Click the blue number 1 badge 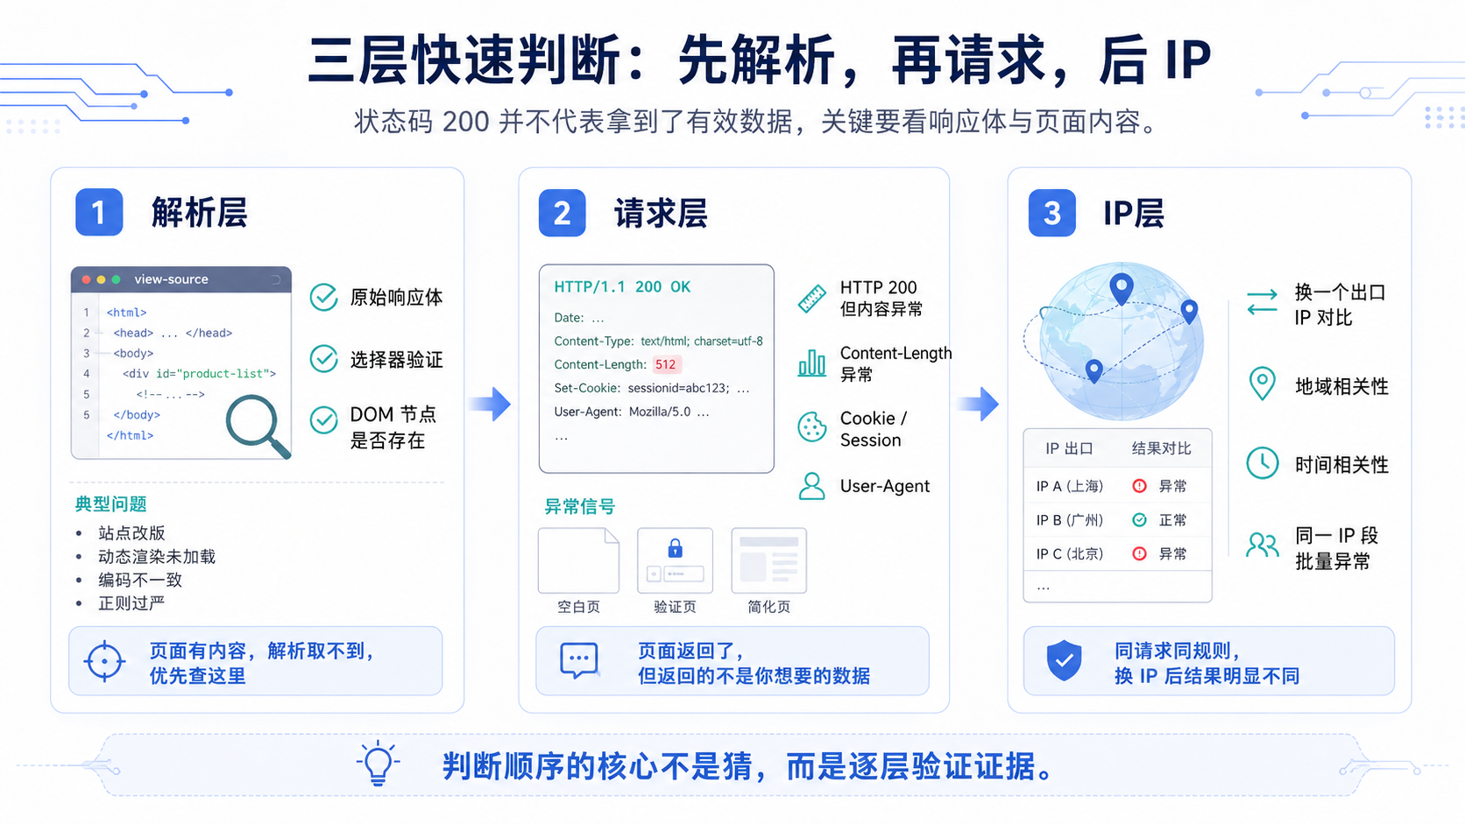pyautogui.click(x=99, y=213)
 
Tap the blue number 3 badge pyautogui.click(x=1051, y=213)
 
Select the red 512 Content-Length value pyautogui.click(x=666, y=364)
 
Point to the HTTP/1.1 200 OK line pyautogui.click(x=622, y=287)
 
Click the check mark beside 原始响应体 pyautogui.click(x=323, y=298)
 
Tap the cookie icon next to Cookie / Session pyautogui.click(x=811, y=427)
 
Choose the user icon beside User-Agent pyautogui.click(x=811, y=486)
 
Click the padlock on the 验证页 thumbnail pyautogui.click(x=675, y=547)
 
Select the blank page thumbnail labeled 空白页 pyautogui.click(x=579, y=560)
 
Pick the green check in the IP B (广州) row pyautogui.click(x=1139, y=519)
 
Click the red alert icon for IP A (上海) pyautogui.click(x=1139, y=485)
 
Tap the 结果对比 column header pyautogui.click(x=1162, y=448)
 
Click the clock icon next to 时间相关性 pyautogui.click(x=1263, y=463)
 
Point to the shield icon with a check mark pyautogui.click(x=1064, y=660)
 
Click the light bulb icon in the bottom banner pyautogui.click(x=378, y=764)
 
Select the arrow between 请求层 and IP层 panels pyautogui.click(x=979, y=403)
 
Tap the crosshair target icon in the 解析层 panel pyautogui.click(x=104, y=661)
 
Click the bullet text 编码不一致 pyautogui.click(x=140, y=580)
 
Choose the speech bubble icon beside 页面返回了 pyautogui.click(x=579, y=660)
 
